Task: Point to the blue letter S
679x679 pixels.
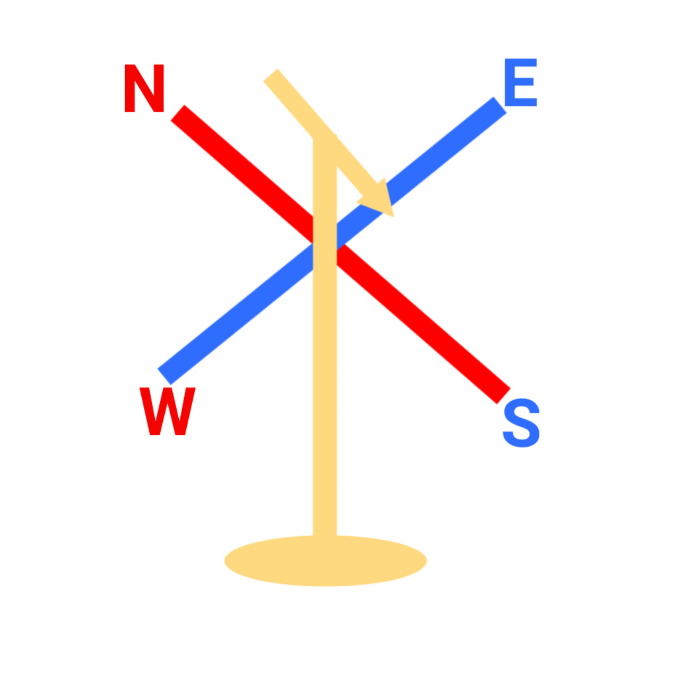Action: (x=522, y=424)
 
